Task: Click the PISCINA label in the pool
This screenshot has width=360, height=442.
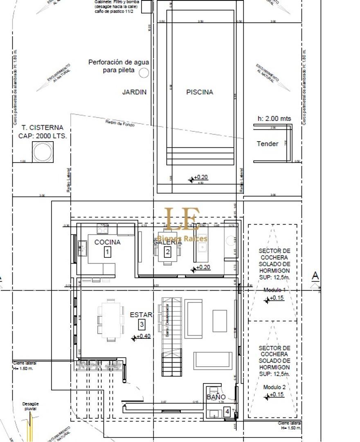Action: [x=200, y=92]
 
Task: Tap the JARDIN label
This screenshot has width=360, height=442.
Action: [x=134, y=92]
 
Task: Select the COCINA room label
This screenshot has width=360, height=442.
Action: [x=107, y=242]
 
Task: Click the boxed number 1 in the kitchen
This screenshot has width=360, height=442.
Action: [x=107, y=252]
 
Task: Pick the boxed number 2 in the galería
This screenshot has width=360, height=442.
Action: [x=167, y=252]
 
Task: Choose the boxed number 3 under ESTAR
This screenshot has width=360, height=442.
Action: [x=142, y=325]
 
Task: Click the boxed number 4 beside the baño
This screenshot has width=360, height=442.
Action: [x=227, y=411]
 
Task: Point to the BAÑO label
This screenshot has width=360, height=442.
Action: [x=216, y=397]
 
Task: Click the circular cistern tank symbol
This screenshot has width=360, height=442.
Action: [x=43, y=152]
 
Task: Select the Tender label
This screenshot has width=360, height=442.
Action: [x=268, y=144]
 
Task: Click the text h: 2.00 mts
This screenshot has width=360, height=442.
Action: [x=274, y=119]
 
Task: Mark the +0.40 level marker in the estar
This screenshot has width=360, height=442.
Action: [x=142, y=336]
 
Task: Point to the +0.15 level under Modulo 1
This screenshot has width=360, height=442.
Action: [x=277, y=298]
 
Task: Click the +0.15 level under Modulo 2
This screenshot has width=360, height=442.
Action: [x=277, y=395]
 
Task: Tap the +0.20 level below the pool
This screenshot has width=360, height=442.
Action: [x=200, y=177]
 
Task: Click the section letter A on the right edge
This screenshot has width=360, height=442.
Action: [x=315, y=276]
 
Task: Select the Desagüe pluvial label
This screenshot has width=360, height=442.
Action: [x=30, y=406]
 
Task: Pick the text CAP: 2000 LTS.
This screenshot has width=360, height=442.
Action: [x=43, y=136]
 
